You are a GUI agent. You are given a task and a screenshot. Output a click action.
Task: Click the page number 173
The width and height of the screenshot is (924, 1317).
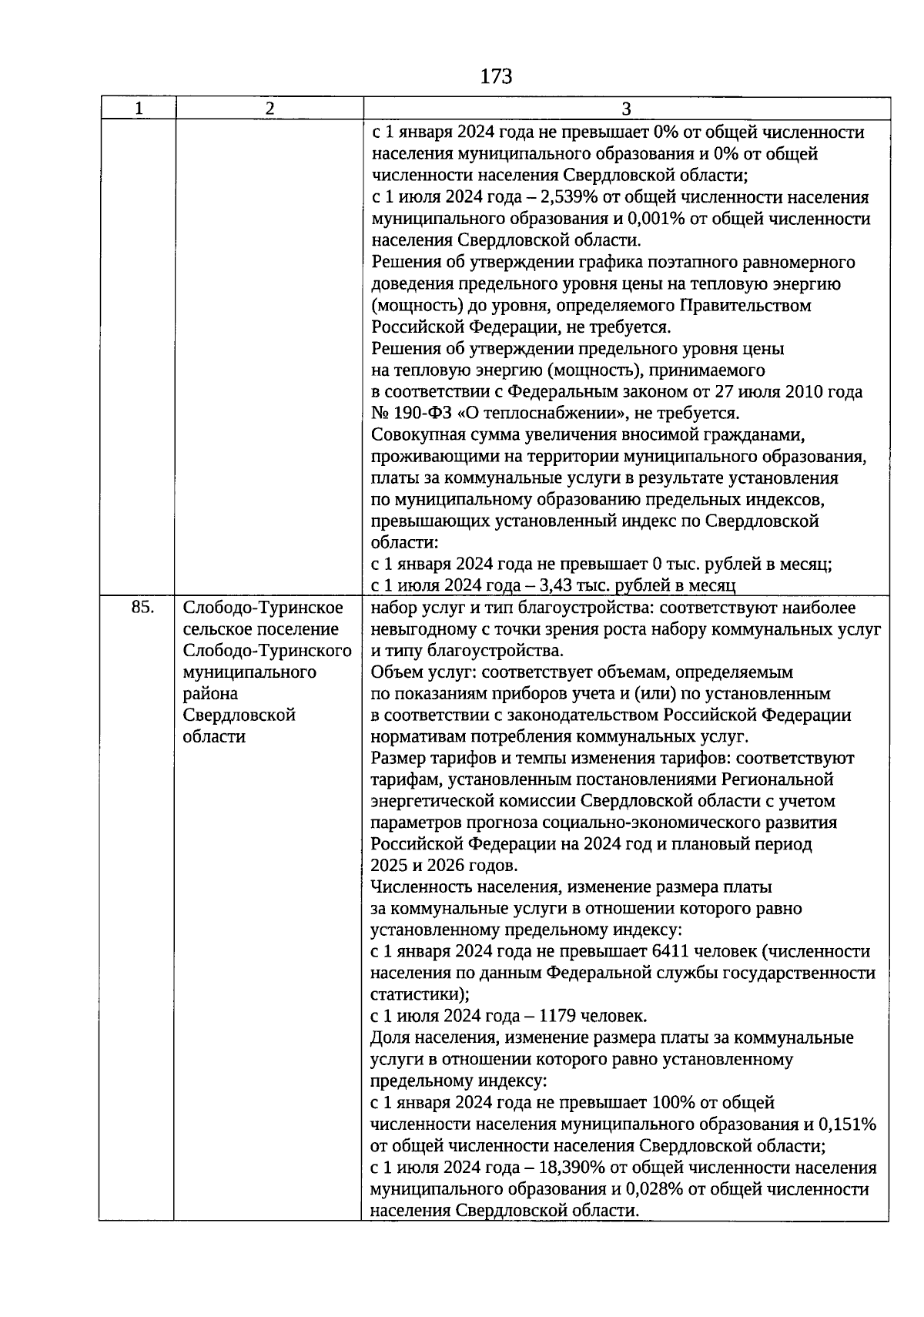495,76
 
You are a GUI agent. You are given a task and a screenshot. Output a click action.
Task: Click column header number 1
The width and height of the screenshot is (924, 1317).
139,109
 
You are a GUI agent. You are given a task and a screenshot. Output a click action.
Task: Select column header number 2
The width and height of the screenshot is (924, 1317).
269,109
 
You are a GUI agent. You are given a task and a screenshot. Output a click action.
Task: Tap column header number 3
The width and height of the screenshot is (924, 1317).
626,109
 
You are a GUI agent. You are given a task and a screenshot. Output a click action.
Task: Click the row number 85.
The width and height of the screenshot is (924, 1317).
142,608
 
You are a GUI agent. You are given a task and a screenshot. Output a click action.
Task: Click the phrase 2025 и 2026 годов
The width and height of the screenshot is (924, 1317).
444,865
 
